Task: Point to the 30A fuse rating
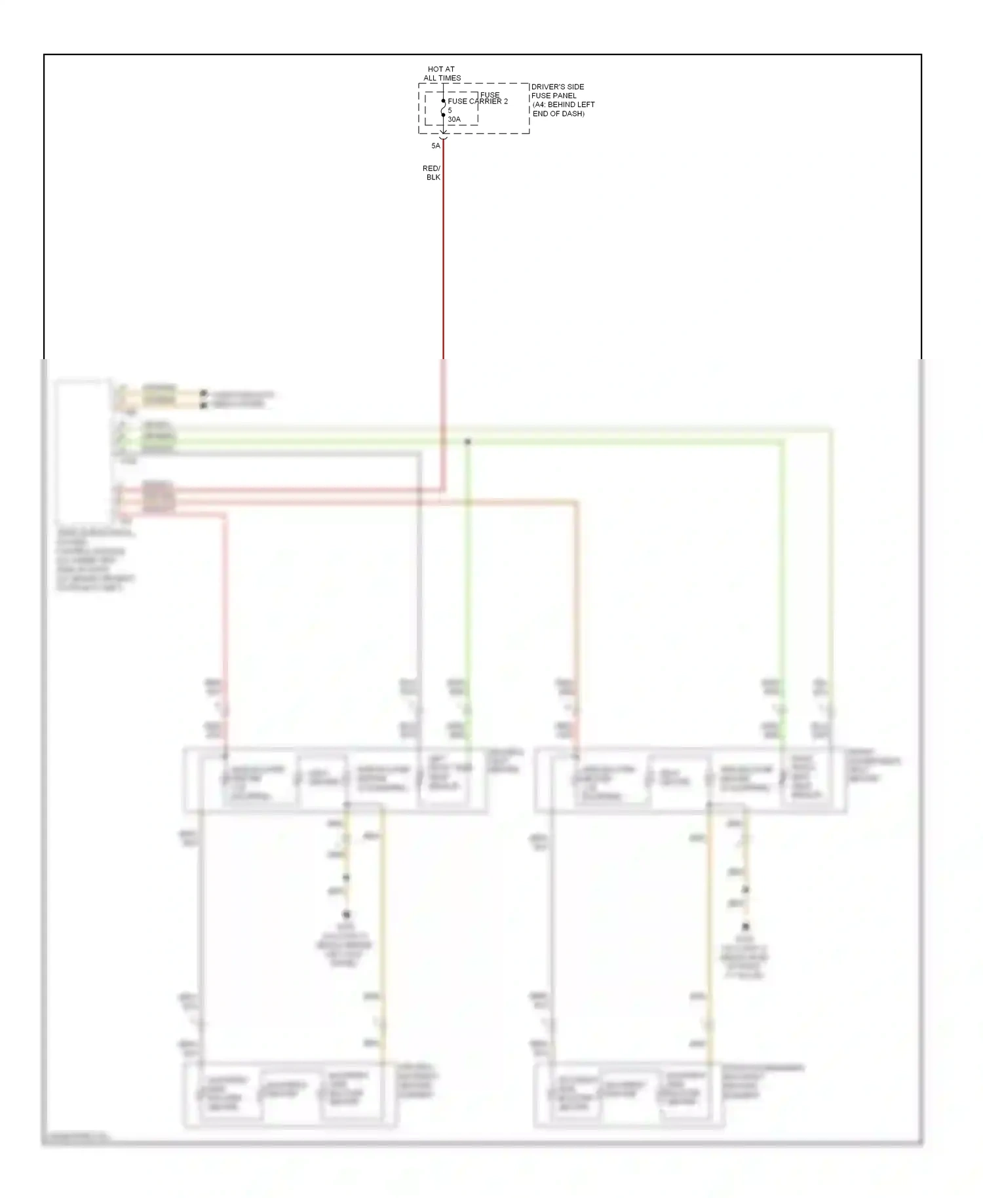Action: pyautogui.click(x=454, y=119)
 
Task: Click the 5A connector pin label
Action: pyautogui.click(x=436, y=145)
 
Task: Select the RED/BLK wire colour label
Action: pyautogui.click(x=432, y=173)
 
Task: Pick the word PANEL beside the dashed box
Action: pyautogui.click(x=564, y=96)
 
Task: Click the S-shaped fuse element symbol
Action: pyautogui.click(x=444, y=108)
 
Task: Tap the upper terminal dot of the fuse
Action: pyautogui.click(x=444, y=101)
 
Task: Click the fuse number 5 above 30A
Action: pyautogui.click(x=450, y=110)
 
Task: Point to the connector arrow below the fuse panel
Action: pyautogui.click(x=444, y=136)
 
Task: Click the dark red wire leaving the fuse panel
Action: pyautogui.click(x=444, y=249)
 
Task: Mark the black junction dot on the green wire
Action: pyautogui.click(x=467, y=442)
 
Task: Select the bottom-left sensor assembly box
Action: pyautogui.click(x=289, y=1094)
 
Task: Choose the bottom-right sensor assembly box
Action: pyautogui.click(x=629, y=1094)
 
